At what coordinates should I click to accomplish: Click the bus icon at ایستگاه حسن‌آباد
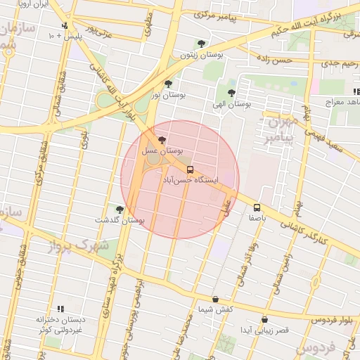pyautogui.click(x=190, y=170)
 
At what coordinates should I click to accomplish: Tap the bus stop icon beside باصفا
pyautogui.click(x=257, y=207)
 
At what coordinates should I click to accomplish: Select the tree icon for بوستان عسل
pyautogui.click(x=163, y=140)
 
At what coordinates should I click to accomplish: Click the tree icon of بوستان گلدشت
pyautogui.click(x=120, y=210)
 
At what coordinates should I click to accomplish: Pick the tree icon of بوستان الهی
pyautogui.click(x=231, y=93)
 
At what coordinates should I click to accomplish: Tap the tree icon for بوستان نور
pyautogui.click(x=167, y=84)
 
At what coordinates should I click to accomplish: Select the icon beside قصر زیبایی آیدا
pyautogui.click(x=264, y=319)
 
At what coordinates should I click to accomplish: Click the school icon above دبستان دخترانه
pyautogui.click(x=60, y=309)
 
